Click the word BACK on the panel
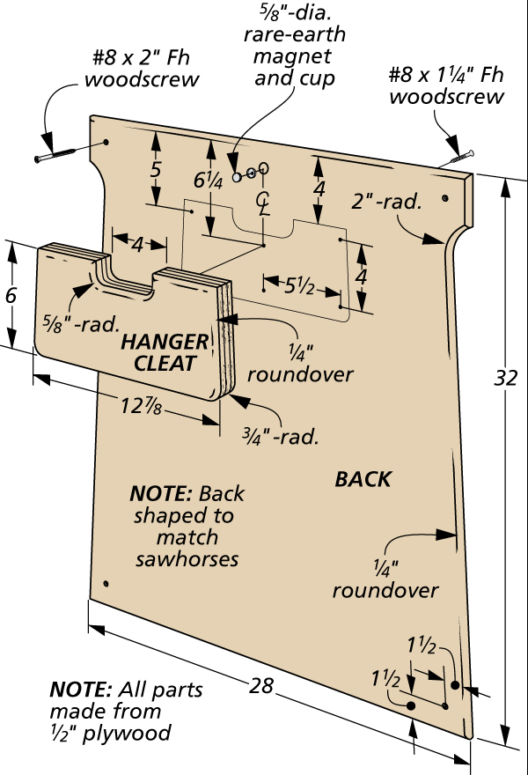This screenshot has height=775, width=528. tap(363, 479)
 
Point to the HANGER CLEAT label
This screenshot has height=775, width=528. tap(165, 352)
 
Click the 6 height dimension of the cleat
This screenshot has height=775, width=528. tap(11, 296)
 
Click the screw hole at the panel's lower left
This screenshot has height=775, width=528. tap(105, 584)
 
